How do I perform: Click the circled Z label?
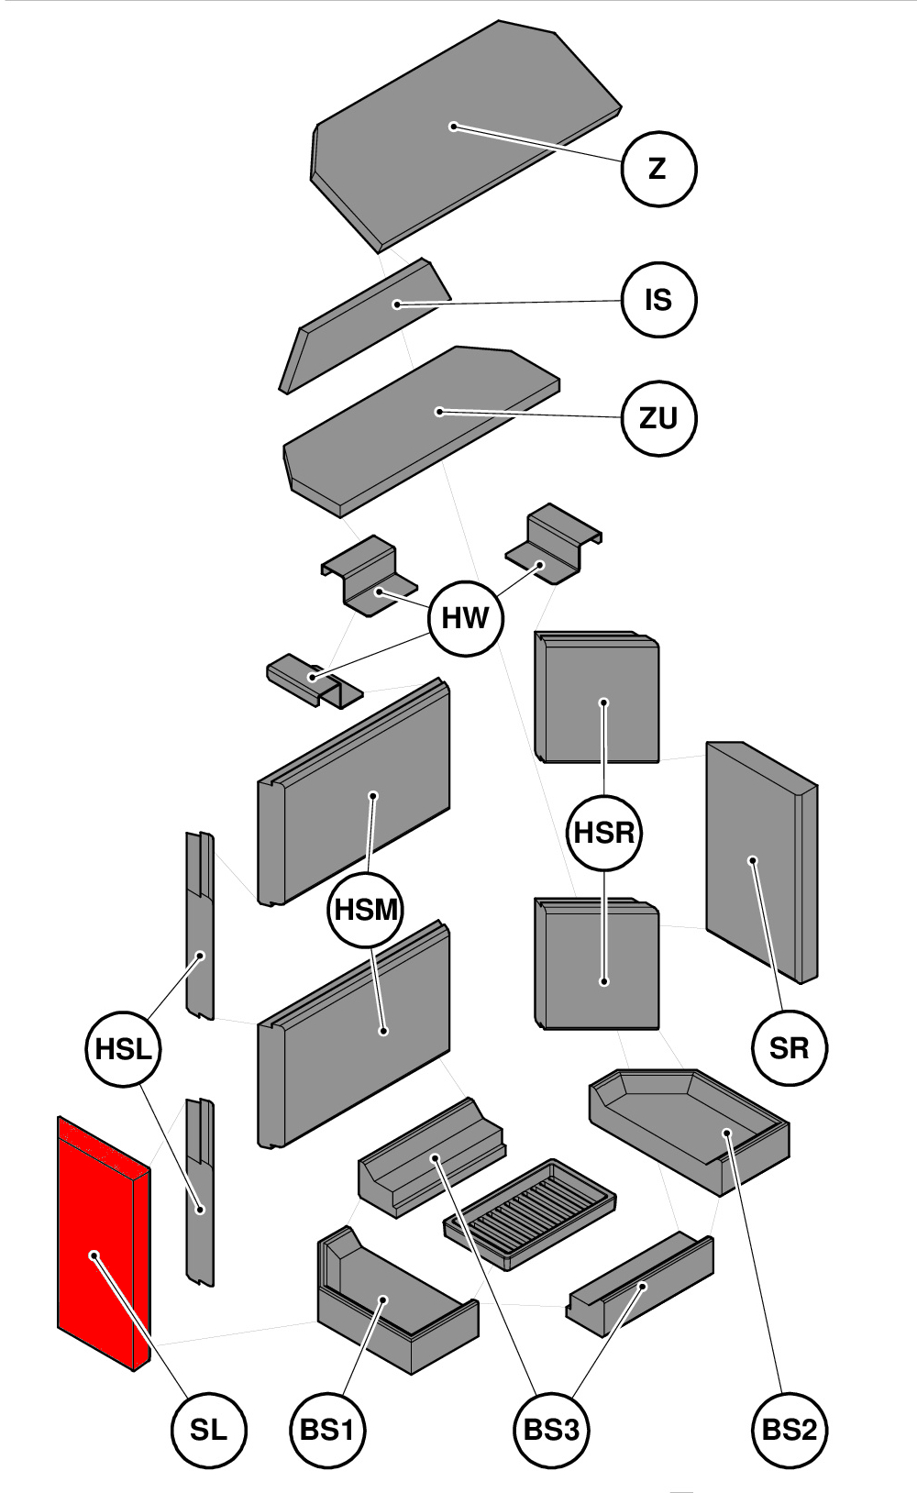[x=658, y=169]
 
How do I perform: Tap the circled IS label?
[x=658, y=300]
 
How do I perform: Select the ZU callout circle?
[x=658, y=418]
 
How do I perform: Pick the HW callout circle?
[x=466, y=617]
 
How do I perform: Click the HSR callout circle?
[x=604, y=833]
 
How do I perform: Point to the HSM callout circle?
[x=366, y=910]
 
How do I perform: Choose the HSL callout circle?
[x=123, y=1048]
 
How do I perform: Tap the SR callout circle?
[x=790, y=1047]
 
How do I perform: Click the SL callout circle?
[x=209, y=1429]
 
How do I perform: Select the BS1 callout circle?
[x=327, y=1429]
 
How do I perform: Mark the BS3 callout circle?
[x=550, y=1429]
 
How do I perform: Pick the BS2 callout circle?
[x=790, y=1429]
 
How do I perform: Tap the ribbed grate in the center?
[x=529, y=1213]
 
